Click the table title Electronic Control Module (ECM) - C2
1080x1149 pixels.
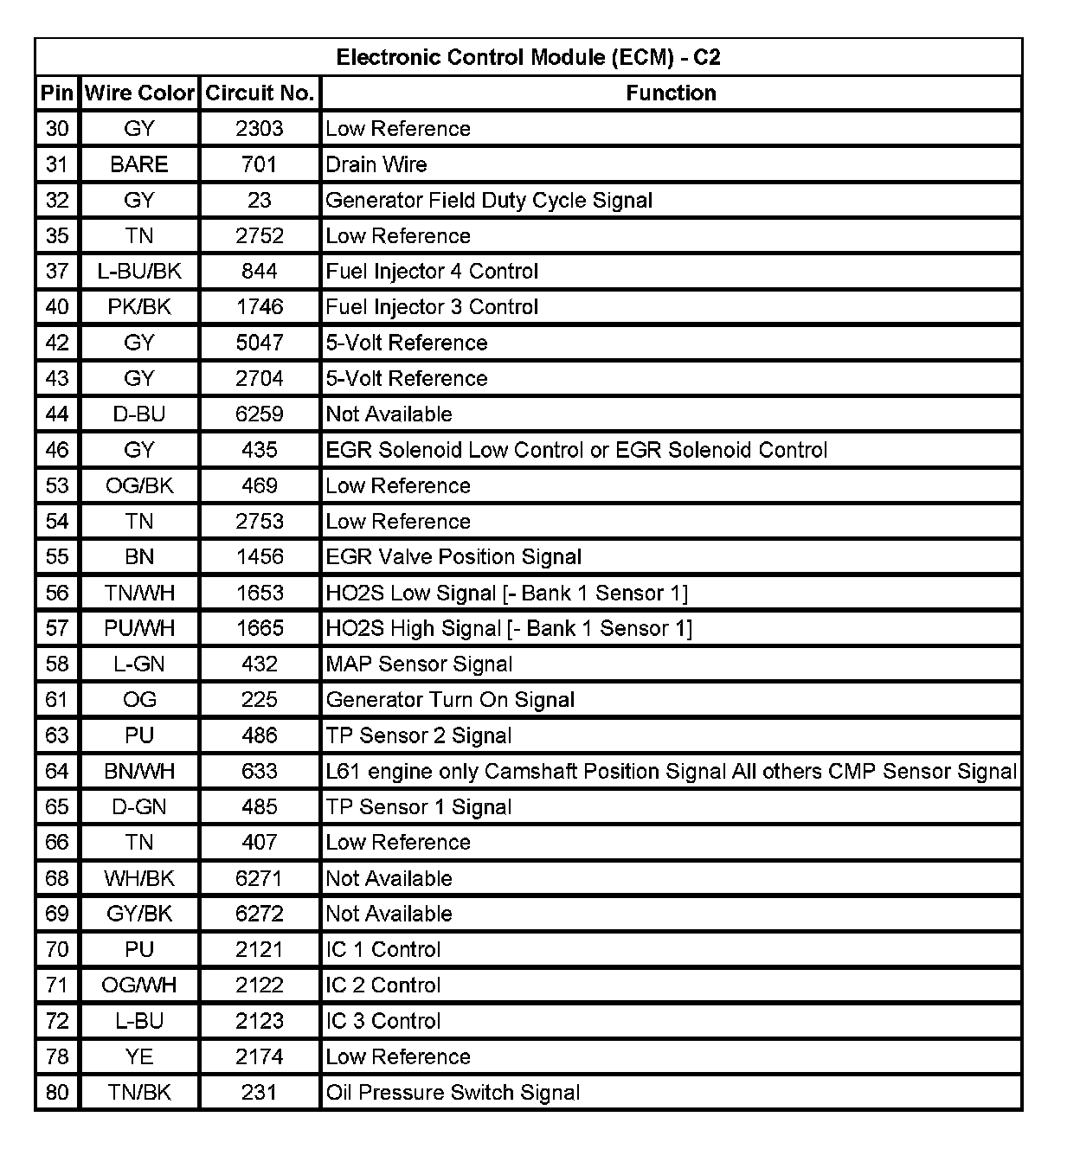point(528,58)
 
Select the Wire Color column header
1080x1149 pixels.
point(139,93)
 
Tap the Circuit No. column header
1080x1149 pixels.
point(260,93)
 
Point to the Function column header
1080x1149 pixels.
point(671,93)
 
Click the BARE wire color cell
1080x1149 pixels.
point(139,164)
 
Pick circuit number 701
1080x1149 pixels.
point(260,164)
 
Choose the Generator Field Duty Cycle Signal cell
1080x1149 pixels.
point(489,201)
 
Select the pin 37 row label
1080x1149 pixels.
point(57,272)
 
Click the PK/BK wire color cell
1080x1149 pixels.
point(139,307)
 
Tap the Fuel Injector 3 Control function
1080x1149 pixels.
point(432,307)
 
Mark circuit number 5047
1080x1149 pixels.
point(260,343)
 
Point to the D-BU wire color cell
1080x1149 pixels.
point(139,414)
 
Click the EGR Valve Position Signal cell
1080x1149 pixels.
point(453,557)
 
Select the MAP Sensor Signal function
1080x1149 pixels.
point(419,664)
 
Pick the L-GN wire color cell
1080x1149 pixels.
point(139,664)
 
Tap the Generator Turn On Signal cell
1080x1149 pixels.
point(450,700)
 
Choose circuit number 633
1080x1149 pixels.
point(260,771)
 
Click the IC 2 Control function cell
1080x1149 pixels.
point(383,985)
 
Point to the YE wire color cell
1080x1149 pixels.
point(139,1056)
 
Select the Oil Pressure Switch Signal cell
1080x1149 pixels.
point(453,1093)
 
